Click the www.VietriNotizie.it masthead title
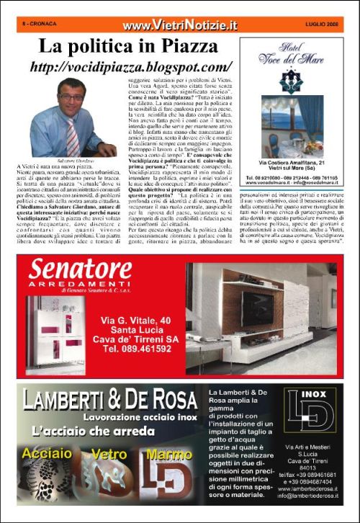coord(179,25)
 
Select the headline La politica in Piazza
coord(128,48)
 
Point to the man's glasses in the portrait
coord(71,97)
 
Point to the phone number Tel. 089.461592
coord(140,348)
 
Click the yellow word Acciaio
coord(47,454)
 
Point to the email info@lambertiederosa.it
coord(309,496)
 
